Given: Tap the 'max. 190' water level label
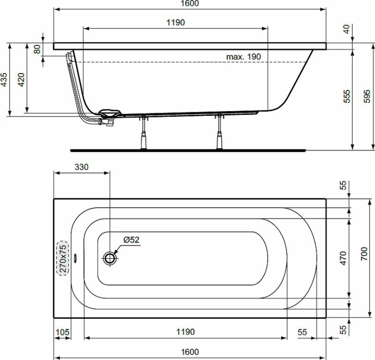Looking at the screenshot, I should click(x=243, y=56).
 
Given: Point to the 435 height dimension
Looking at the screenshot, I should click(x=4, y=79).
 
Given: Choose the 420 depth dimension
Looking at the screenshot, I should click(x=21, y=79).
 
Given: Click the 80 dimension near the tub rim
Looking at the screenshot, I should click(x=37, y=49).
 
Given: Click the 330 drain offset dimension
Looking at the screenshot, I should click(x=81, y=167).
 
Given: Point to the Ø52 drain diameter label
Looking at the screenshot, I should click(x=131, y=240).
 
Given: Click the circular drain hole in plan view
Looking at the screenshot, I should click(x=110, y=258).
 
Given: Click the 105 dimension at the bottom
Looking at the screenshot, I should click(x=62, y=332).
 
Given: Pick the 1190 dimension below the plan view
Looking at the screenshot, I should click(x=185, y=332).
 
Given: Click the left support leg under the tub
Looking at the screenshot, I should click(x=142, y=134).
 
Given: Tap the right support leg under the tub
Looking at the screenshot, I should click(x=220, y=134).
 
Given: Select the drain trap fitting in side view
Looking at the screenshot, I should click(x=109, y=115).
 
